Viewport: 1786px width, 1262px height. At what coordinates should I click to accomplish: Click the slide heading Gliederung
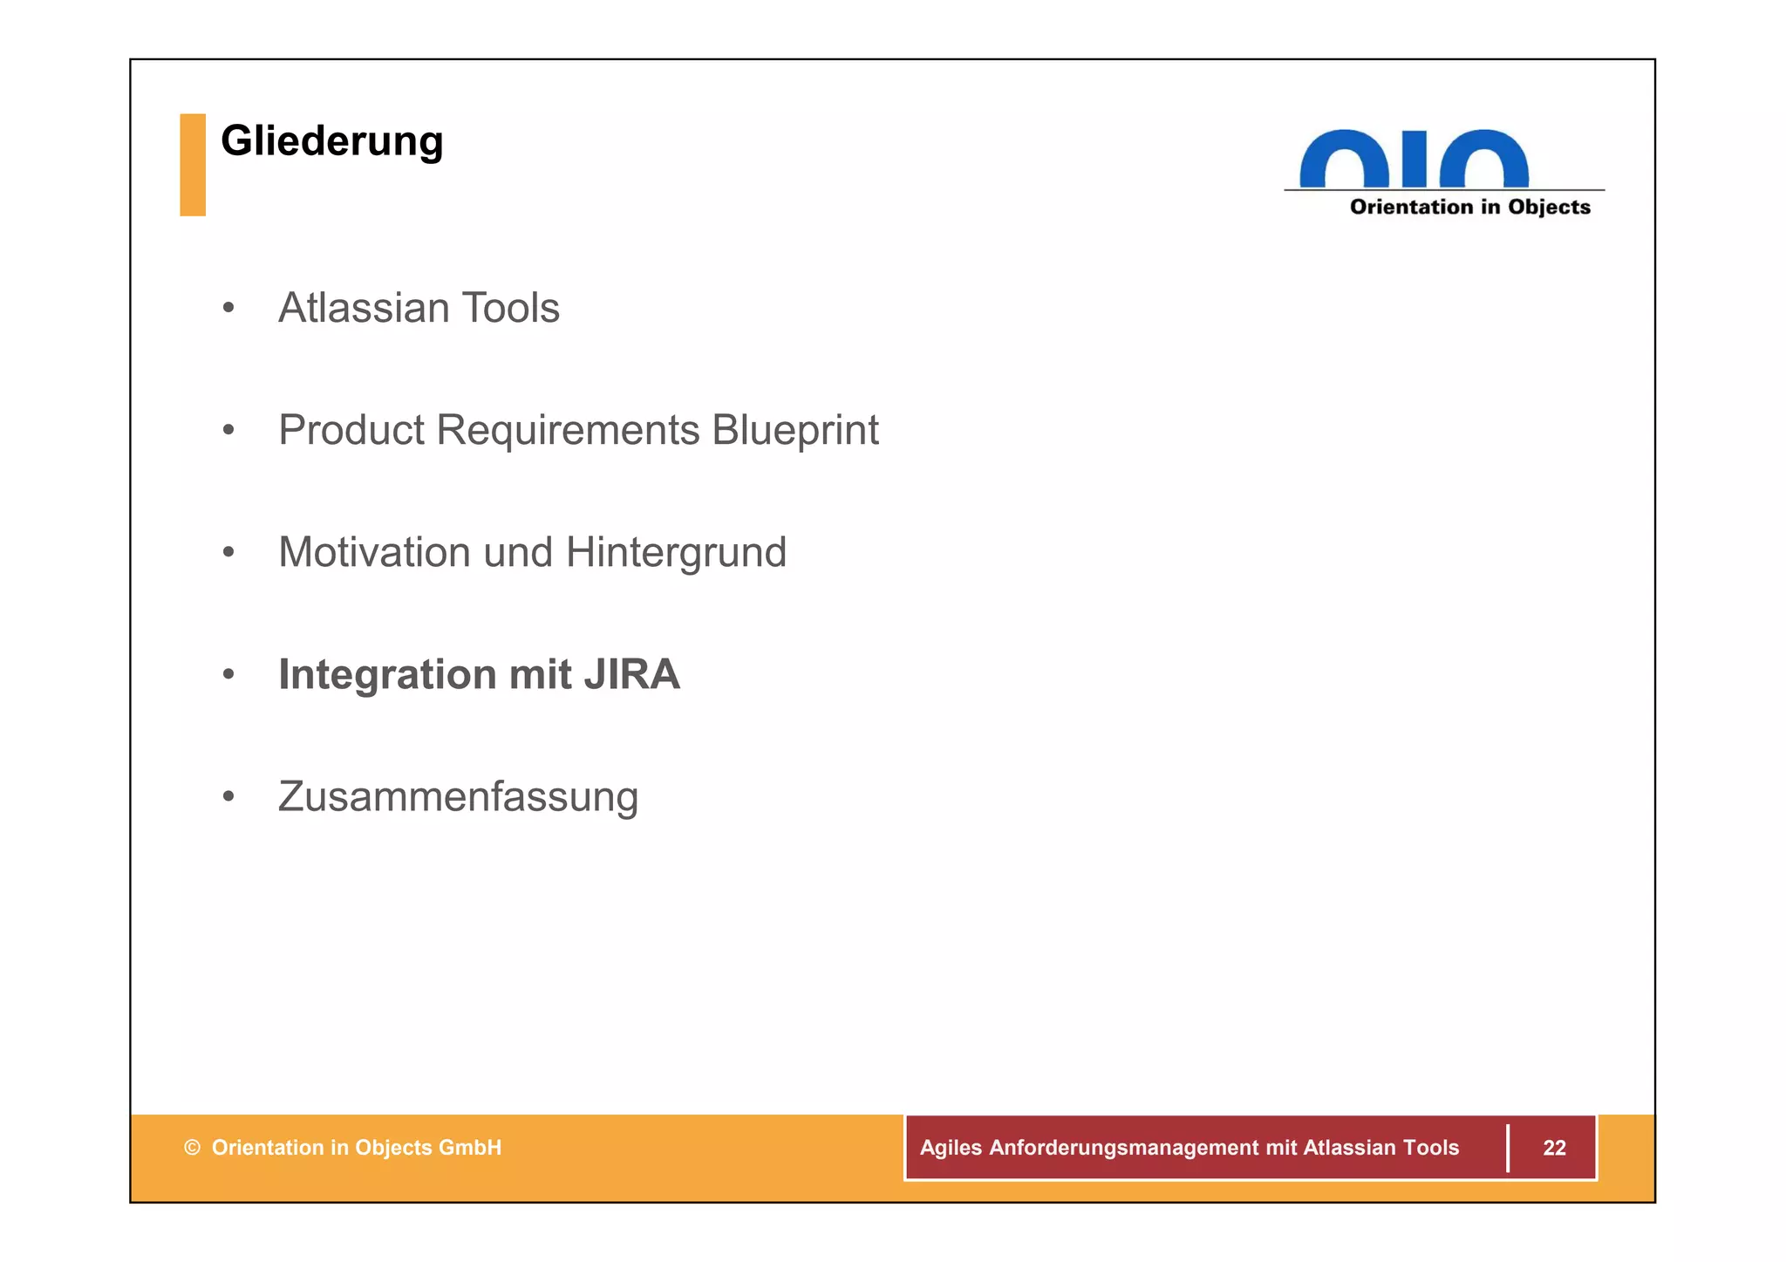coord(331,141)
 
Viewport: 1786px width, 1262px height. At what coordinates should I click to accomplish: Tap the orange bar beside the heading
coord(193,165)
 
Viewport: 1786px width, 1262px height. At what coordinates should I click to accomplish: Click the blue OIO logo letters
coord(1414,159)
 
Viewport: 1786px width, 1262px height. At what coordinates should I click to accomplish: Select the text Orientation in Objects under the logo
coord(1469,208)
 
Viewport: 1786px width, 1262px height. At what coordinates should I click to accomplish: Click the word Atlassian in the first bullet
coord(363,308)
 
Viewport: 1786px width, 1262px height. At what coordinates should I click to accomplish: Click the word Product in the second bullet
coord(351,430)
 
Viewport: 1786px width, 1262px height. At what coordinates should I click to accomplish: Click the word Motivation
coord(375,552)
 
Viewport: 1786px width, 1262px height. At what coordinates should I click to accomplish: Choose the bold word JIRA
coord(631,675)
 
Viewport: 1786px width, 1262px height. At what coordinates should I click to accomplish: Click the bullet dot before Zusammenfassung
coord(228,796)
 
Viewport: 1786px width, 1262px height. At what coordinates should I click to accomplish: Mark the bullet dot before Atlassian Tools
coord(228,308)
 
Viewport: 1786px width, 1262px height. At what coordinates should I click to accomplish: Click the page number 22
coord(1554,1148)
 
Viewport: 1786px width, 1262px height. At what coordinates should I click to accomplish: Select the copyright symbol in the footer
coord(192,1148)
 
